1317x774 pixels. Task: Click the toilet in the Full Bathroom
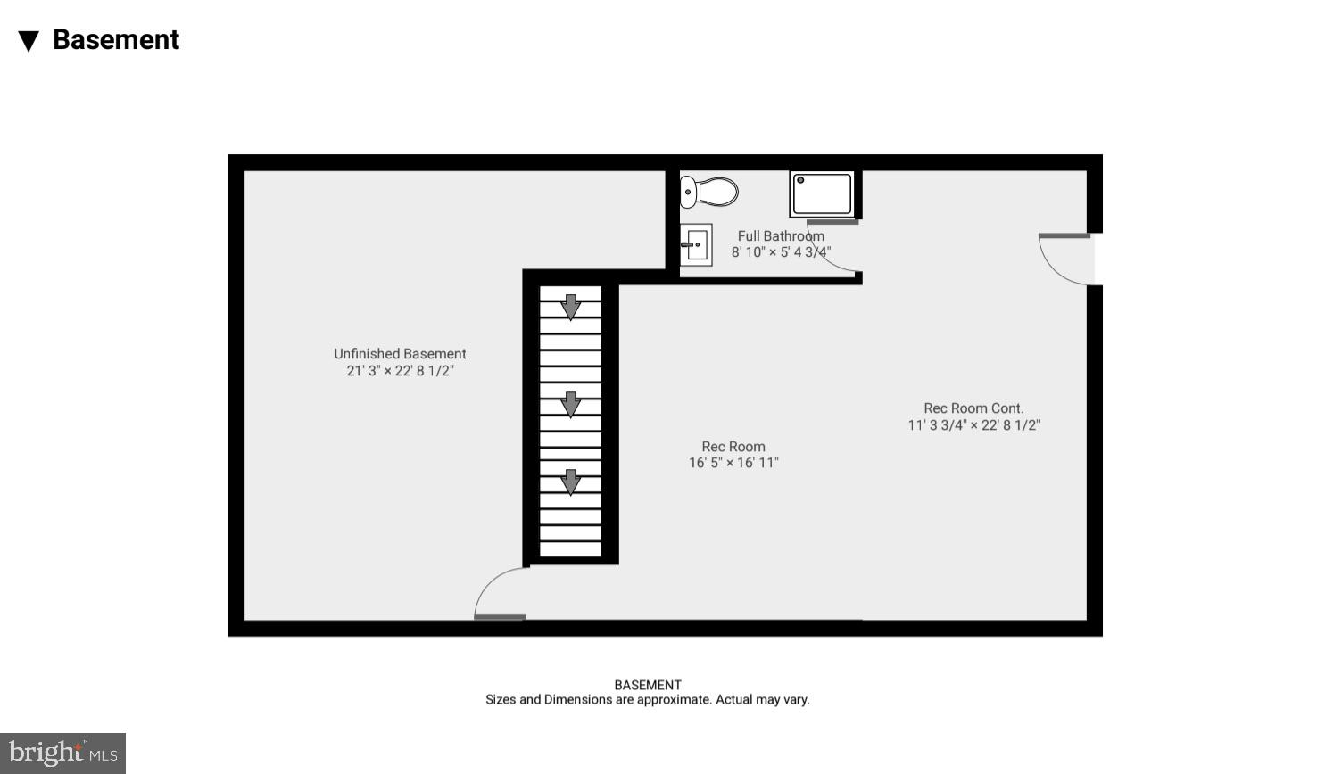(709, 192)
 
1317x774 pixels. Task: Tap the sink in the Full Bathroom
(696, 244)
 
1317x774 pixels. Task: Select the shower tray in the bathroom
(822, 193)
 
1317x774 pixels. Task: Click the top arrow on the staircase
(570, 307)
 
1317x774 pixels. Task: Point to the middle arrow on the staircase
(570, 404)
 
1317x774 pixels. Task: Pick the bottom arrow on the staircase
(570, 482)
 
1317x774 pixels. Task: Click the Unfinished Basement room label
(400, 354)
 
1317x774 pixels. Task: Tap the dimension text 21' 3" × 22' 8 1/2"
(400, 371)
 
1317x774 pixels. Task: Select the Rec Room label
(733, 447)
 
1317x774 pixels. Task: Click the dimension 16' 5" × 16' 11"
(733, 463)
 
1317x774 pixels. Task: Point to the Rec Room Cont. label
(973, 408)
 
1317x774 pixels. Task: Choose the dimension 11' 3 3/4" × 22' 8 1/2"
(973, 425)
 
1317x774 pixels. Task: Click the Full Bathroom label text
(781, 236)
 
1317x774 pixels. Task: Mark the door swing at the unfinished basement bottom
(500, 594)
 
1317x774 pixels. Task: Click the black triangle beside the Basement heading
(29, 41)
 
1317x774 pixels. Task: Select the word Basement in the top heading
(116, 40)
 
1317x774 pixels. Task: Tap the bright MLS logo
(62, 753)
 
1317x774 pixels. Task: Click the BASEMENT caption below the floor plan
(648, 685)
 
